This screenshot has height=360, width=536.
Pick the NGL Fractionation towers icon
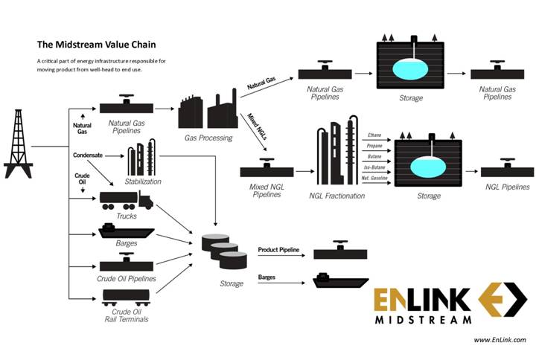click(x=334, y=154)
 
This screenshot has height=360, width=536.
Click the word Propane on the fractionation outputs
click(x=375, y=147)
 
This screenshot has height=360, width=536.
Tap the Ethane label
click(x=375, y=136)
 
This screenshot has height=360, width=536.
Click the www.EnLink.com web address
click(x=500, y=340)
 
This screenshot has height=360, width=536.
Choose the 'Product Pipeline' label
click(x=278, y=250)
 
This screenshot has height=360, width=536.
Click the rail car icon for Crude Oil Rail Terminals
click(x=126, y=298)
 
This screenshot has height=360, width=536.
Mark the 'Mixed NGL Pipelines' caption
click(x=266, y=190)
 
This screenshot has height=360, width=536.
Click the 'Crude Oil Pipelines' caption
click(x=127, y=278)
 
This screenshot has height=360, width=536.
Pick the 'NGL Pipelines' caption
click(x=507, y=187)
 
